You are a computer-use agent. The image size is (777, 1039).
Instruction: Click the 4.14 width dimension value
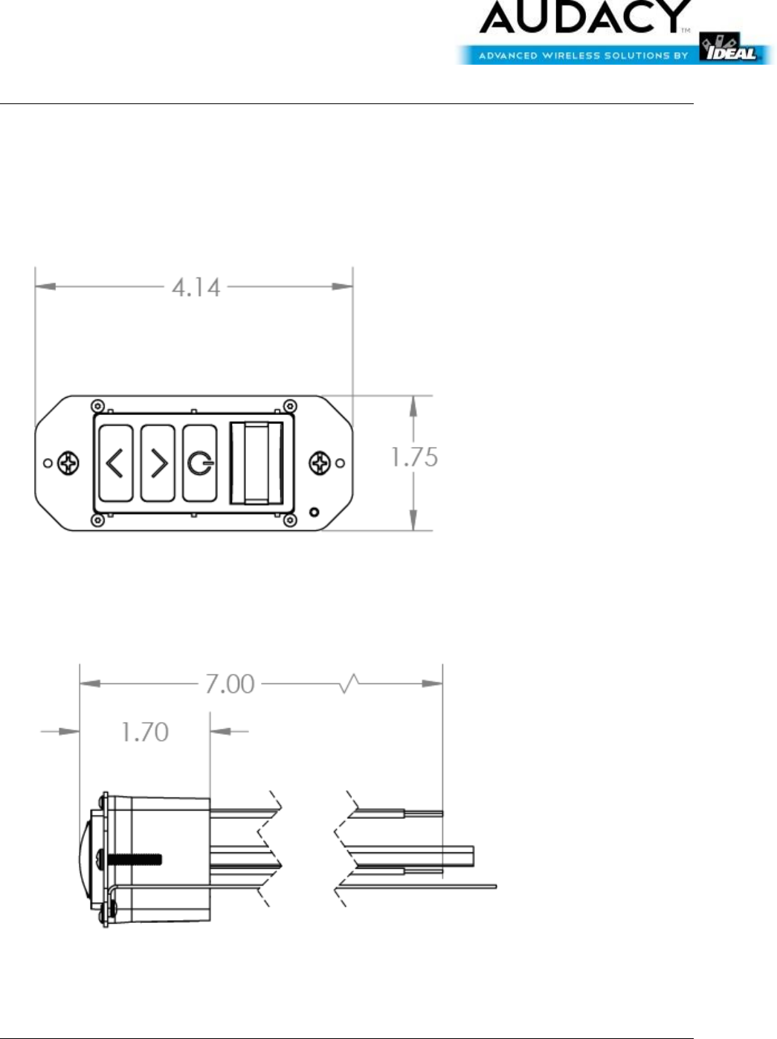[x=196, y=288]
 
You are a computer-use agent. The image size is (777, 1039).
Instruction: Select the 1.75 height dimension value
[x=414, y=457]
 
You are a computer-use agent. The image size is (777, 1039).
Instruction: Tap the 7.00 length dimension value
[x=230, y=684]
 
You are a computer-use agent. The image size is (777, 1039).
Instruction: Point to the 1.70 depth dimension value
[x=145, y=732]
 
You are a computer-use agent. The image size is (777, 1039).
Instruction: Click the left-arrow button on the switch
[x=115, y=463]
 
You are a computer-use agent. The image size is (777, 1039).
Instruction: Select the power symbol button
[x=200, y=463]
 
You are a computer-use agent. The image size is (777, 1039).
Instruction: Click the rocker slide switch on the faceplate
[x=256, y=463]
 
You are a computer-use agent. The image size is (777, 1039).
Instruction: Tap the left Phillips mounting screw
[x=68, y=463]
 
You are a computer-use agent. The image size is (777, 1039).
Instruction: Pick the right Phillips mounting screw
[x=320, y=463]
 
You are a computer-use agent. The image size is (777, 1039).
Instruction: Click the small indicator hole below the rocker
[x=314, y=512]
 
